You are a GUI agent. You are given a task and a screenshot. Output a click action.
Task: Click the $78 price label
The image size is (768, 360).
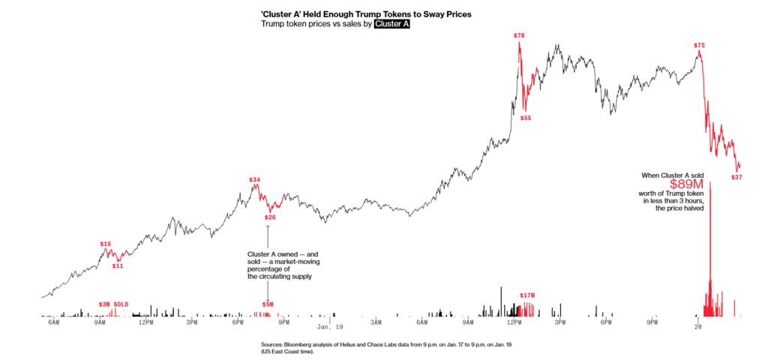tap(519, 35)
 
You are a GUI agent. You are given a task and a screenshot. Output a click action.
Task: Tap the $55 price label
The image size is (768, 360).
tap(526, 118)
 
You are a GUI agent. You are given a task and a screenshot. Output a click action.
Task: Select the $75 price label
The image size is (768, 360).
tap(699, 46)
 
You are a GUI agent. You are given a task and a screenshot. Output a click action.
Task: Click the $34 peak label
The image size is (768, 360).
tap(255, 180)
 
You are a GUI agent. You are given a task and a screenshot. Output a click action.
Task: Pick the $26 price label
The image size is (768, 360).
tap(270, 217)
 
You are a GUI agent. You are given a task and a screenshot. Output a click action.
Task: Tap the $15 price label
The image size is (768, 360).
tap(105, 244)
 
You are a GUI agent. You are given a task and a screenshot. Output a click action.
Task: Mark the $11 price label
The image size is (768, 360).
tap(118, 265)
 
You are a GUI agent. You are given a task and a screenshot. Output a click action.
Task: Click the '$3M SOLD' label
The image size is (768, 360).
tap(114, 304)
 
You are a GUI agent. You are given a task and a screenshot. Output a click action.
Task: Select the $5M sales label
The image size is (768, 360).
tap(268, 304)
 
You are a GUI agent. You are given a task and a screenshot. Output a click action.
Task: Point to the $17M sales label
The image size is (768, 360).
tap(528, 295)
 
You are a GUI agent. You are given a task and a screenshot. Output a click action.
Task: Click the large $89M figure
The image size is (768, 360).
tap(685, 184)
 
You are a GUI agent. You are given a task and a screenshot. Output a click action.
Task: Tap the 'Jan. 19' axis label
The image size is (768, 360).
tap(329, 327)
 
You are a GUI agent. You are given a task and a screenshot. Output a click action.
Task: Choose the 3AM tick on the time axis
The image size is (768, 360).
tap(376, 322)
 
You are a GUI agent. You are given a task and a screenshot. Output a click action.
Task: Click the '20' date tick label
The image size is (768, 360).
tap(698, 327)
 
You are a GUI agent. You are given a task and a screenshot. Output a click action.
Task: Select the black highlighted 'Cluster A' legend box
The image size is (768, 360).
tap(391, 24)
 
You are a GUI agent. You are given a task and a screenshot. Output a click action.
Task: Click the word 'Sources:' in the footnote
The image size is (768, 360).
tap(271, 344)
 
